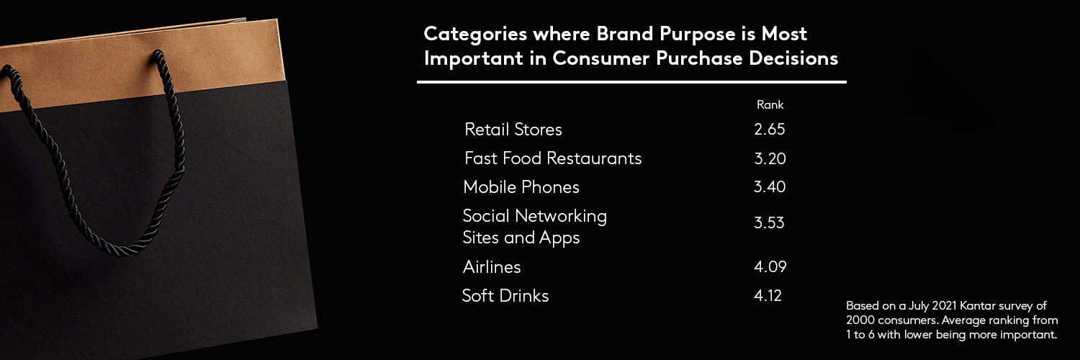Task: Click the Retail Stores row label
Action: tap(513, 130)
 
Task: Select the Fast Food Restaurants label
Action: tap(552, 158)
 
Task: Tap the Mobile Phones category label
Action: tap(521, 187)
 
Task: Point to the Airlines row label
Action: tap(491, 267)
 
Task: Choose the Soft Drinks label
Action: tap(505, 296)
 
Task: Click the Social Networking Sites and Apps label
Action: tap(534, 227)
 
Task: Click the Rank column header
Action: tap(770, 105)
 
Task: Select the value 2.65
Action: tap(769, 130)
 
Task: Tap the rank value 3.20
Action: tap(769, 158)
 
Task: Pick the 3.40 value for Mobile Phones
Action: tap(769, 187)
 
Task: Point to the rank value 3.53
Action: tap(769, 222)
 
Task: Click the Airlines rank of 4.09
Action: tap(770, 267)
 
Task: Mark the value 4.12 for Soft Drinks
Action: tap(768, 295)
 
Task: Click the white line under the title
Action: tap(631, 82)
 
